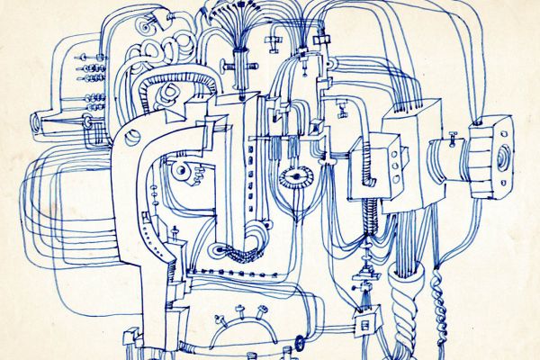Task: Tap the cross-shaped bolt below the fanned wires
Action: click(x=239, y=65)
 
